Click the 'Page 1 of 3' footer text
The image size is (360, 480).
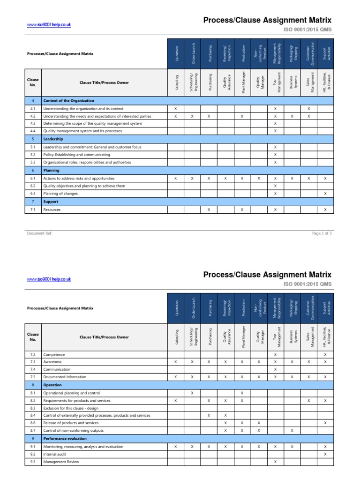coord(322,232)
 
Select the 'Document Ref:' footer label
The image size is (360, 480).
coord(40,232)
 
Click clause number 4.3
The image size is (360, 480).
coord(33,123)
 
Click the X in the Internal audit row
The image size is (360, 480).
coord(325,454)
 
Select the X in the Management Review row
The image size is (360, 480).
coord(275,462)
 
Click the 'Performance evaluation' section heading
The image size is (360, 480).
coord(65,438)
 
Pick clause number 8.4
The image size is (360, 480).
coord(33,415)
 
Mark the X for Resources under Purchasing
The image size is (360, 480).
coord(209,210)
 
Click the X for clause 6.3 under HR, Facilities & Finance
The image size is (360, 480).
coord(325,194)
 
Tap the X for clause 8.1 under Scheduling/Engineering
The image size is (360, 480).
coord(192,393)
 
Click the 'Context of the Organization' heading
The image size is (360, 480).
coord(68,100)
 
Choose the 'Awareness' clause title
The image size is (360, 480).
coord(52,362)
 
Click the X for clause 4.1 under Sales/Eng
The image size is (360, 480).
coord(175,108)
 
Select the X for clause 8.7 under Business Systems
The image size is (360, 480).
coord(292,430)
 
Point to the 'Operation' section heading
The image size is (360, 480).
coord(52,385)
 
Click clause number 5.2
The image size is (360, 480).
coord(33,154)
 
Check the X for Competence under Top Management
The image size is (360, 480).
coord(275,354)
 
